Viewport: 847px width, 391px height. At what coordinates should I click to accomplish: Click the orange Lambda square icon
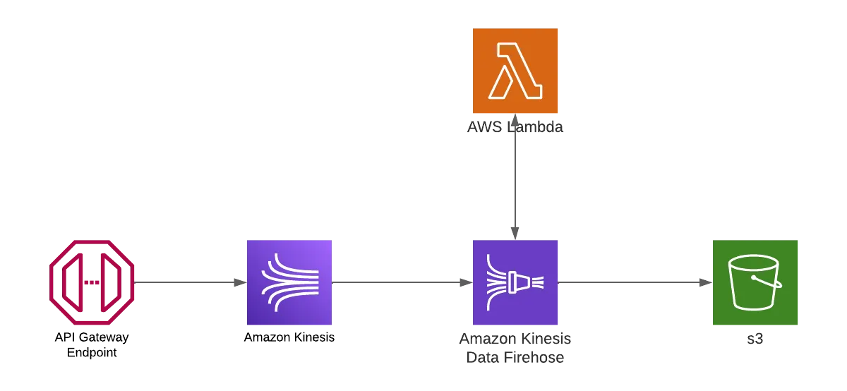click(x=515, y=73)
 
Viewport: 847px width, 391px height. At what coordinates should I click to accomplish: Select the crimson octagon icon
click(x=92, y=282)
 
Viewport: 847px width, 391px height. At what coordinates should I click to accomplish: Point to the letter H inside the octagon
click(x=92, y=282)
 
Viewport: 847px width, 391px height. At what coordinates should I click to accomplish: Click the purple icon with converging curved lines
click(x=288, y=282)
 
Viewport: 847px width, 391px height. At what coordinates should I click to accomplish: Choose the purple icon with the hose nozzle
click(x=515, y=282)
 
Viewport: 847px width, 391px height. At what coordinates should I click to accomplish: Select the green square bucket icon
click(x=756, y=282)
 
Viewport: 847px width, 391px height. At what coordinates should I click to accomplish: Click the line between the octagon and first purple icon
click(x=189, y=282)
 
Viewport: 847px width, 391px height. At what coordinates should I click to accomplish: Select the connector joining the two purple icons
click(x=401, y=282)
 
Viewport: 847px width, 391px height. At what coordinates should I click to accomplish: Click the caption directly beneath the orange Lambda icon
click(x=515, y=129)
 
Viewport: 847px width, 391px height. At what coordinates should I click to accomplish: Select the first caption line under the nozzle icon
click(x=516, y=338)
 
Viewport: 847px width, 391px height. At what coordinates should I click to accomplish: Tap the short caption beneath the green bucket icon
click(x=756, y=339)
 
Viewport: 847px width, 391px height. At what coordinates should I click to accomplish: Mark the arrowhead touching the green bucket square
click(x=707, y=282)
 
